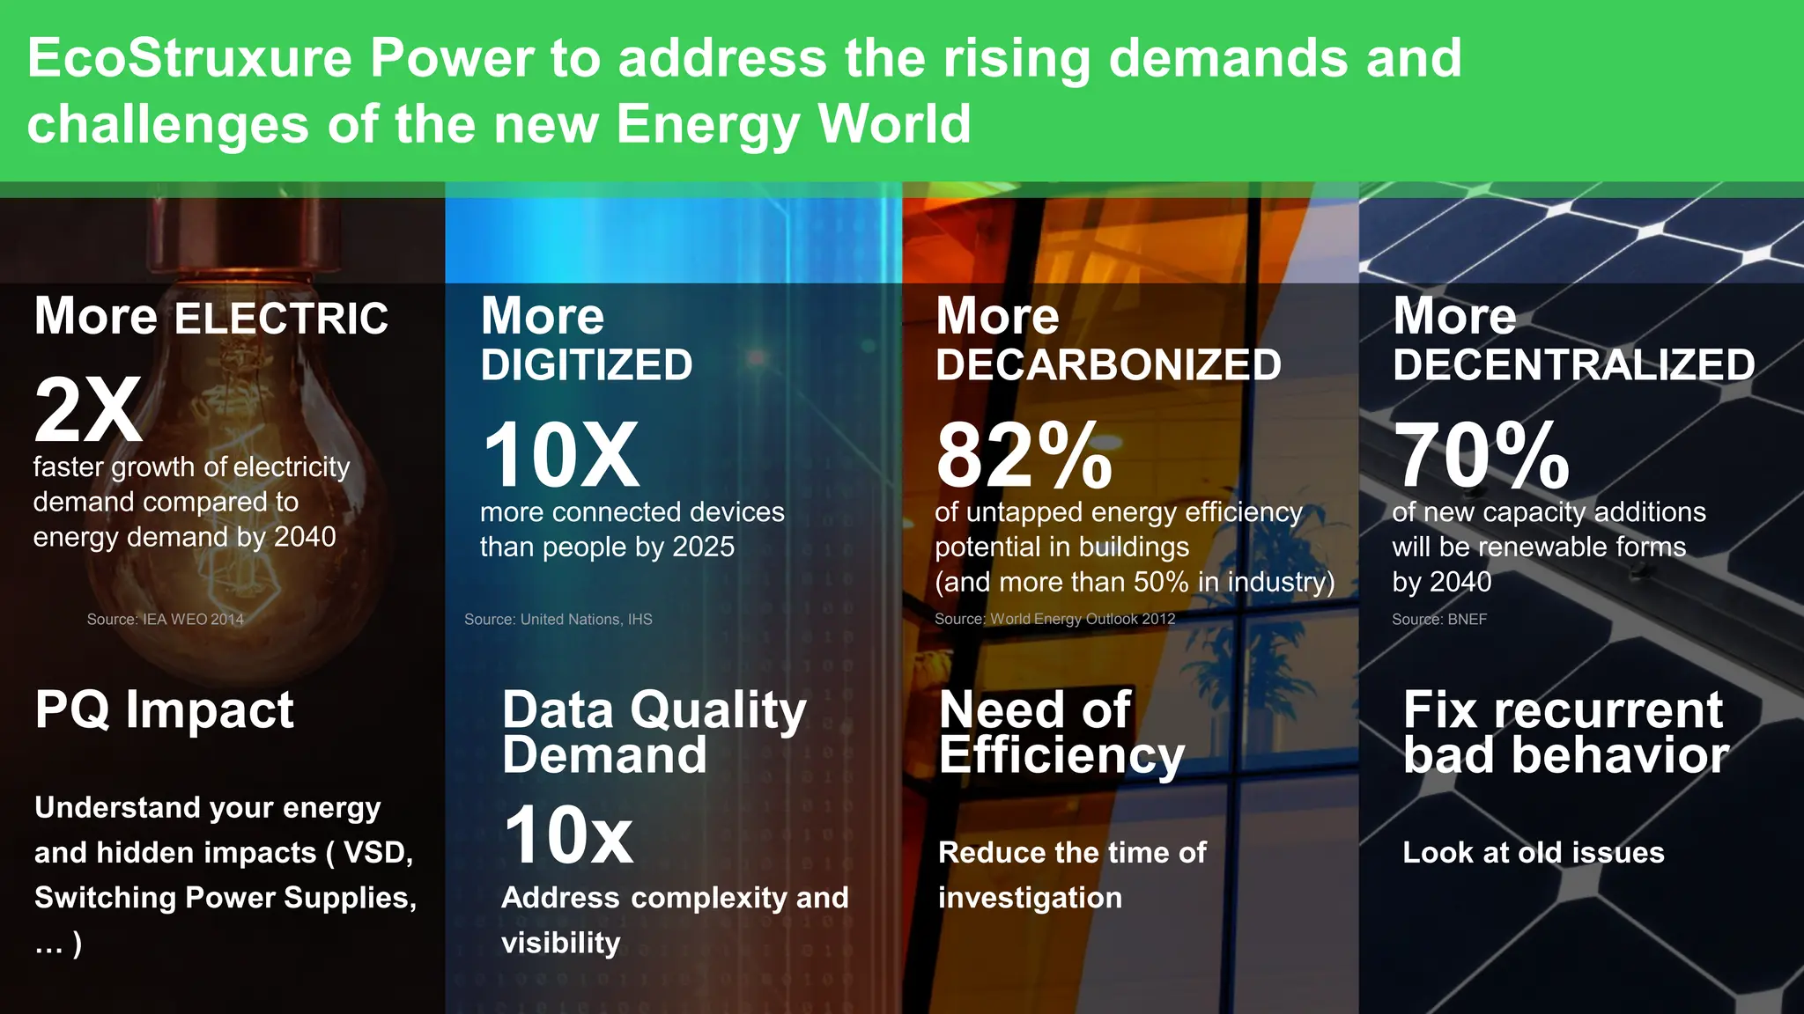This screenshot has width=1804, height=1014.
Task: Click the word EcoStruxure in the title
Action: (x=189, y=59)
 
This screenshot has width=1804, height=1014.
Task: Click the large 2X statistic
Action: (x=88, y=410)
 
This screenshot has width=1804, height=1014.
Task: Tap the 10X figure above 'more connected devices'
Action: (x=561, y=455)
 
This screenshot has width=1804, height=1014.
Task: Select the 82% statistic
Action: (x=1024, y=455)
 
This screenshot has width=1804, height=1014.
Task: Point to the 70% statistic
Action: (x=1481, y=455)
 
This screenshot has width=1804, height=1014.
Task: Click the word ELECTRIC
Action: (x=281, y=319)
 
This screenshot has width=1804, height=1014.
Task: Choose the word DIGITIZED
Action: (x=587, y=365)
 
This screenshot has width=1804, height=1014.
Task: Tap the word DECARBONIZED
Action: (x=1108, y=365)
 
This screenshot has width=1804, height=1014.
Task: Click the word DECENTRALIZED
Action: (x=1574, y=365)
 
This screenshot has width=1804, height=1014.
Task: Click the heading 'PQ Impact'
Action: (x=164, y=709)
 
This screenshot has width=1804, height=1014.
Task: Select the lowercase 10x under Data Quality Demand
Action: (x=568, y=835)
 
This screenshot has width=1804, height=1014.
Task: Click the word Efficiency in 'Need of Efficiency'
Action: (x=1061, y=756)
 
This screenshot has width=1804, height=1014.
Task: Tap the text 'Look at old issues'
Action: (x=1533, y=852)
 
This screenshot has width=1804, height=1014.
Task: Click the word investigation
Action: (x=1030, y=898)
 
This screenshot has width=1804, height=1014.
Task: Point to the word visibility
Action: (x=561, y=944)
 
